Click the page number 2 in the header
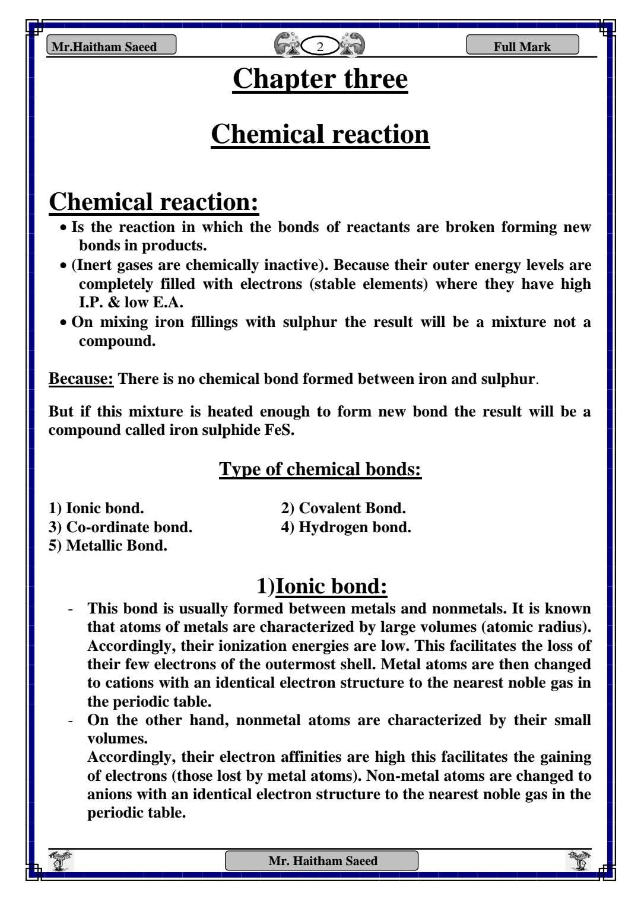(320, 47)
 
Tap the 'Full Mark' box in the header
(522, 46)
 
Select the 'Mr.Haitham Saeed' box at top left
(111, 46)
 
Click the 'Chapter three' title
(320, 79)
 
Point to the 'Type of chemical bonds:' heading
(320, 469)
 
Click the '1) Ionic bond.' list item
(96, 508)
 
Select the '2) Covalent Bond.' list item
(343, 508)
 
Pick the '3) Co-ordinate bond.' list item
(120, 527)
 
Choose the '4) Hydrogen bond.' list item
(346, 527)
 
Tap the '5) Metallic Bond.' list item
(108, 546)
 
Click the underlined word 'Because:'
(81, 379)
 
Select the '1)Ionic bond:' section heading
(322, 586)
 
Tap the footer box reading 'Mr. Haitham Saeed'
(322, 861)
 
